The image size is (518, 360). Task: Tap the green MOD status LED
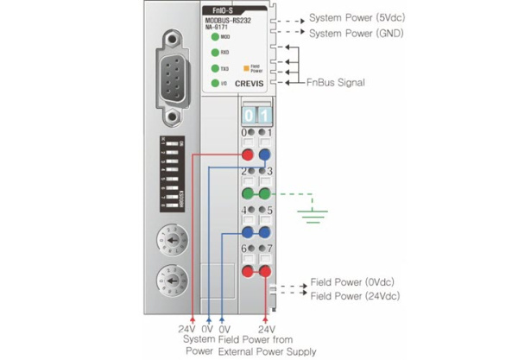pos(214,37)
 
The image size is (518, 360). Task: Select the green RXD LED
pos(214,52)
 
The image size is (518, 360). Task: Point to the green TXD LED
pos(214,67)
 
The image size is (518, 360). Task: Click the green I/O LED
pos(214,82)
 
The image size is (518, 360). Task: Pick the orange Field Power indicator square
pos(246,66)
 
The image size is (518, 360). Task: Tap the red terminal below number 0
pos(249,155)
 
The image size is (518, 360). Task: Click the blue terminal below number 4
pos(249,232)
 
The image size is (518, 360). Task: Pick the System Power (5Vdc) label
pos(356,18)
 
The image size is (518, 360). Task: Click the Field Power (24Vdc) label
pos(353,296)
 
